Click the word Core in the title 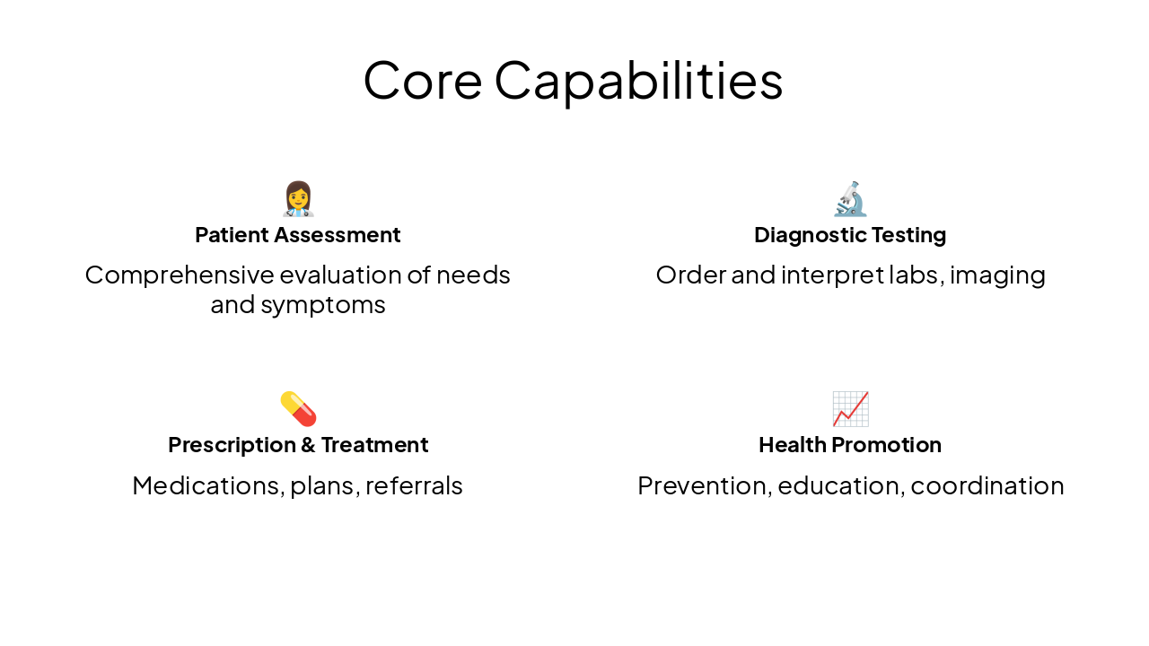(x=422, y=80)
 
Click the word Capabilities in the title (x=638, y=80)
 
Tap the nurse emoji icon (x=298, y=199)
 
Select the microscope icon (x=850, y=199)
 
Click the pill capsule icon (x=298, y=409)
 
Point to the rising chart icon (x=850, y=409)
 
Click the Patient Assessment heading (x=298, y=235)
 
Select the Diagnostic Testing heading (x=850, y=235)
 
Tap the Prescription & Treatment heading (x=298, y=445)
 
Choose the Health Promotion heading (x=850, y=445)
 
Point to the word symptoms (x=323, y=305)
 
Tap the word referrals (x=414, y=485)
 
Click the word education (x=839, y=485)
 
